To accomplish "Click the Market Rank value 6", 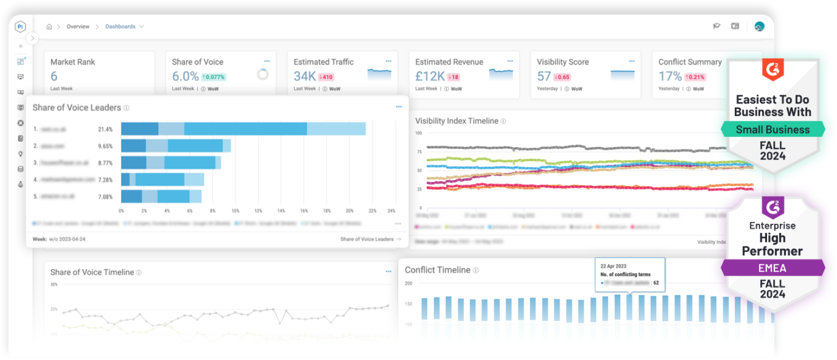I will pyautogui.click(x=54, y=76).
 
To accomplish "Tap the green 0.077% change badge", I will pyautogui.click(x=213, y=77).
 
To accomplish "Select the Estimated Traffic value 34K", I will pyautogui.click(x=305, y=76).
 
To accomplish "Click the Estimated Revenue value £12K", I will pyautogui.click(x=430, y=76).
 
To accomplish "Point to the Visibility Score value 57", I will pyautogui.click(x=544, y=76).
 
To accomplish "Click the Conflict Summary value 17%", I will pyautogui.click(x=670, y=76).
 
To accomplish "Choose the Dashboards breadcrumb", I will pyautogui.click(x=121, y=27).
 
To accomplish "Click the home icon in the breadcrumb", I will pyautogui.click(x=49, y=27).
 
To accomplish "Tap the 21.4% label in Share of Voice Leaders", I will pyautogui.click(x=105, y=129).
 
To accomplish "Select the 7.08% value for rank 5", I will pyautogui.click(x=105, y=197).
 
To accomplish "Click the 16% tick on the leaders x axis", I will pyautogui.click(x=304, y=211).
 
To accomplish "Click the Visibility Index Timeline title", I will pyautogui.click(x=457, y=121).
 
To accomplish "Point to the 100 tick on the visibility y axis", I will pyautogui.click(x=419, y=133).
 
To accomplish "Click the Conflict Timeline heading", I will pyautogui.click(x=437, y=270).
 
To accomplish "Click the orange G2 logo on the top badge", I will pyautogui.click(x=773, y=69).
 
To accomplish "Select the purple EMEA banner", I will pyautogui.click(x=773, y=268).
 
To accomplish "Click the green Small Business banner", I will pyautogui.click(x=773, y=130).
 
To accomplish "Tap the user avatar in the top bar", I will pyautogui.click(x=759, y=26).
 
